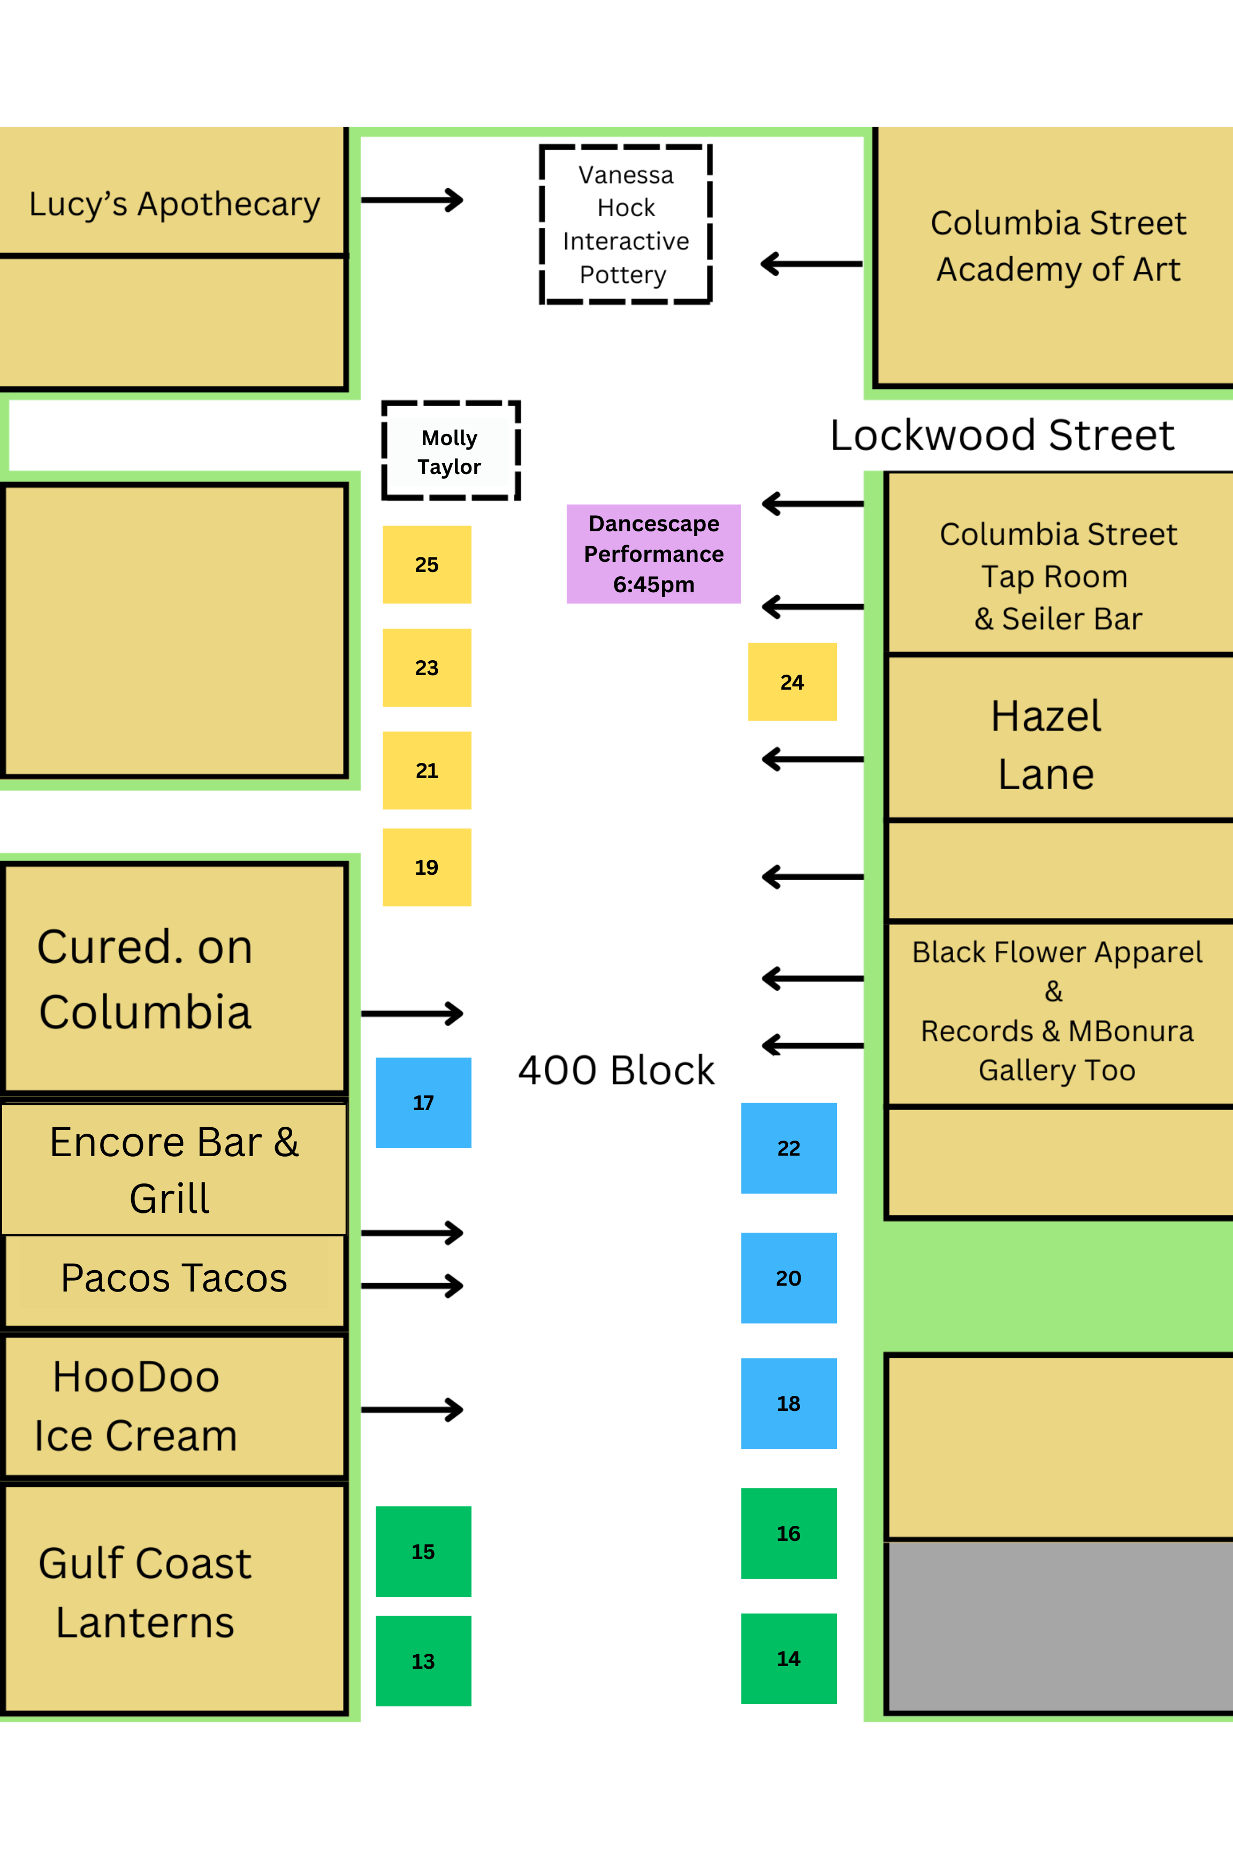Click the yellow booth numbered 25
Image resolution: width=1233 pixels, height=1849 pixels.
426,564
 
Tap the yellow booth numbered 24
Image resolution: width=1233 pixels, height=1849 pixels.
792,682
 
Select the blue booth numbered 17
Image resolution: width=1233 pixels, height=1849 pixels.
423,1102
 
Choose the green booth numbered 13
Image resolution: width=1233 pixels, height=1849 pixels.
423,1660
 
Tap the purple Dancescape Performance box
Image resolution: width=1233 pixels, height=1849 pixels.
653,553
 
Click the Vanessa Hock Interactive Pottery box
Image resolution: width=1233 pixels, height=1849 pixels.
626,224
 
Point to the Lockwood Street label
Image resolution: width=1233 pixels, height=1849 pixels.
1002,435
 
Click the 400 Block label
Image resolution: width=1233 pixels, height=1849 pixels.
616,1070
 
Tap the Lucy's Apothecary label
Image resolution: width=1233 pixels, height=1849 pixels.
174,204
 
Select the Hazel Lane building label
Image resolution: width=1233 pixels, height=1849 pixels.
1045,745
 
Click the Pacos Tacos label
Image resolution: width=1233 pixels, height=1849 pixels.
174,1278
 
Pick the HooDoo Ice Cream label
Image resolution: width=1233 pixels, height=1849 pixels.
135,1405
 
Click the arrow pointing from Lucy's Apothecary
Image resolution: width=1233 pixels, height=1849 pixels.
412,200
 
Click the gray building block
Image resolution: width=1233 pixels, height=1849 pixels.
1057,1628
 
